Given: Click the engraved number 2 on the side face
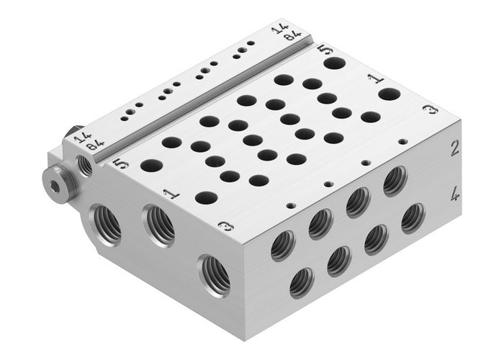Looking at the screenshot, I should [x=454, y=148].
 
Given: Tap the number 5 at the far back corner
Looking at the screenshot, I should [x=323, y=52].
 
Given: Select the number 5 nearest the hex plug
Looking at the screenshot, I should [x=122, y=164].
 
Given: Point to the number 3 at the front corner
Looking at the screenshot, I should [x=225, y=228].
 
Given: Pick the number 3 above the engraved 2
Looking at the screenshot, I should [x=431, y=110].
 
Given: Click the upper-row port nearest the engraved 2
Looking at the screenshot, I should [x=394, y=181].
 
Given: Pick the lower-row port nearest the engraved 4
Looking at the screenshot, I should [x=412, y=217].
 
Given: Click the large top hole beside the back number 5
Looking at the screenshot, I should [x=333, y=63].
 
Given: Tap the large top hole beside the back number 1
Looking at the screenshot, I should [x=390, y=94].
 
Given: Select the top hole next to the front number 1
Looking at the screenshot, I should [x=207, y=197].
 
